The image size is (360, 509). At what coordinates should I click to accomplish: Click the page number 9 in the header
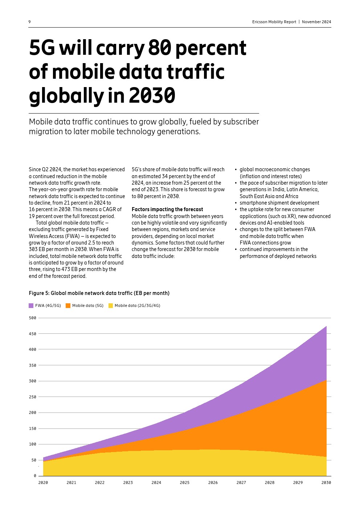(x=30, y=22)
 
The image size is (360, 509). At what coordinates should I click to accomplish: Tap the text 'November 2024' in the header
(x=316, y=22)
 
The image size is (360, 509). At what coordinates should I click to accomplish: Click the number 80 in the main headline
(x=159, y=48)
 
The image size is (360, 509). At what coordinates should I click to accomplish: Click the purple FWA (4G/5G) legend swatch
(x=31, y=305)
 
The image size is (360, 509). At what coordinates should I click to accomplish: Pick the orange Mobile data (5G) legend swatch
(x=68, y=305)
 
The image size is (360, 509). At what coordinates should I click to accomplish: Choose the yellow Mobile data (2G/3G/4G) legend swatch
(x=111, y=305)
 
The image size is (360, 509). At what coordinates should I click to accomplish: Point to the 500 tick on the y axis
(x=33, y=318)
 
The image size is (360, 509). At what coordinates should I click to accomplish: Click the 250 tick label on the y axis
(x=33, y=397)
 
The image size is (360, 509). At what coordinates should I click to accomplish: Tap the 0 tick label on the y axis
(x=35, y=476)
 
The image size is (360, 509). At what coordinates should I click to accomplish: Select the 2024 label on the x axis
(x=156, y=483)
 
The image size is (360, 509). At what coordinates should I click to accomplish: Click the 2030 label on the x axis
(x=326, y=483)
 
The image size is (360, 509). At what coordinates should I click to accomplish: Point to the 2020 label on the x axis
(x=43, y=483)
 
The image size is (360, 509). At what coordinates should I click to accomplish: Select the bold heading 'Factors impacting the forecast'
(x=167, y=209)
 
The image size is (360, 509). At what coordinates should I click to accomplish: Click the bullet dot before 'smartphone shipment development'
(x=236, y=203)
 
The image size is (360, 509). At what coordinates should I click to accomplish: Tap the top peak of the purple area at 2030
(x=326, y=327)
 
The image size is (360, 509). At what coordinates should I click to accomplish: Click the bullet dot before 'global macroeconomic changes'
(x=236, y=170)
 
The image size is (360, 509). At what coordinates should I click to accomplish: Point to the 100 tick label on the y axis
(x=33, y=444)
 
